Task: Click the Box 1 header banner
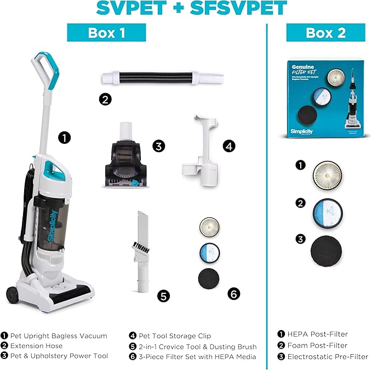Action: pyautogui.click(x=106, y=32)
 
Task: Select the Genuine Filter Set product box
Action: pyautogui.click(x=325, y=99)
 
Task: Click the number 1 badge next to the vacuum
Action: pyautogui.click(x=65, y=137)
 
